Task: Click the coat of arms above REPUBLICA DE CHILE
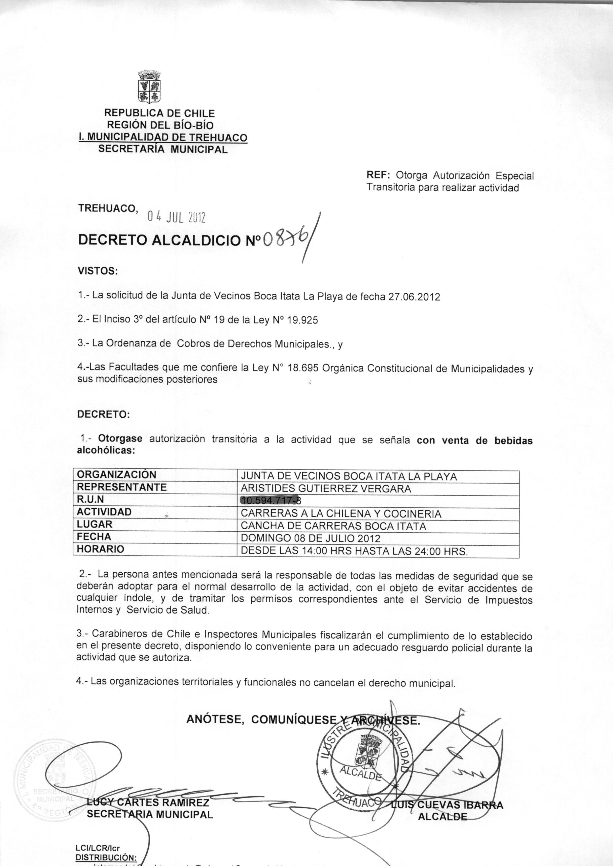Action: tap(150, 87)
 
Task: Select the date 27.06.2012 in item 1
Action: tap(414, 297)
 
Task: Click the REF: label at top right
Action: tap(379, 176)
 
